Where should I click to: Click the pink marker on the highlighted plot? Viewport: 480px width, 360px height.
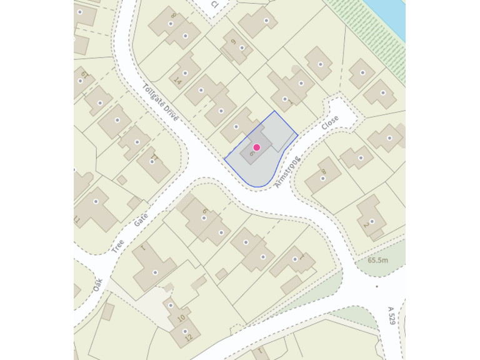256,147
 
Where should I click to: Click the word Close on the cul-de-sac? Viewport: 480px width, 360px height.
330,122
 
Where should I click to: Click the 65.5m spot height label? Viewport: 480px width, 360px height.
377,260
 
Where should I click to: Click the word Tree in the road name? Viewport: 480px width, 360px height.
117,246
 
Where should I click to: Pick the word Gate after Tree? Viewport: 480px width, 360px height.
139,220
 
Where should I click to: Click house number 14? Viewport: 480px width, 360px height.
177,81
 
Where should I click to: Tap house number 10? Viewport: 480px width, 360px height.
181,317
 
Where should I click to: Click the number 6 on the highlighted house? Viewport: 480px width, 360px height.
251,152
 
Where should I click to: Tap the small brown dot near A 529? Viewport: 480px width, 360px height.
377,286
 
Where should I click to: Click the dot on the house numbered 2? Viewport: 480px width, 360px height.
372,221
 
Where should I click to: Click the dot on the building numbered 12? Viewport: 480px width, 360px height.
185,331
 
